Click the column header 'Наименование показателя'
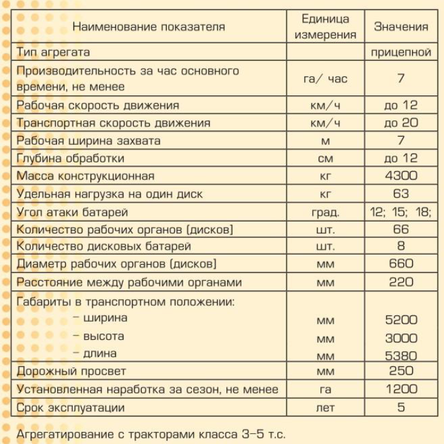149,27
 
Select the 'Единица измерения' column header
325,27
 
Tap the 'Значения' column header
401,27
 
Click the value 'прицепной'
401,53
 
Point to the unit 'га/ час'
325,79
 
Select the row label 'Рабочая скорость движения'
98,105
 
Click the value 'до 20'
401,123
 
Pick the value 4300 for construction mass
401,176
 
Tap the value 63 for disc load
401,194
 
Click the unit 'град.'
325,212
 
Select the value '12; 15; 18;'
401,212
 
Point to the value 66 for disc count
401,230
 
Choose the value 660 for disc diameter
401,265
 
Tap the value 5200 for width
401,320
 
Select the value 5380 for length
401,356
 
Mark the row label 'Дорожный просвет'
71,372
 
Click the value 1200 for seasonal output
401,390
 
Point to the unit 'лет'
325,408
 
